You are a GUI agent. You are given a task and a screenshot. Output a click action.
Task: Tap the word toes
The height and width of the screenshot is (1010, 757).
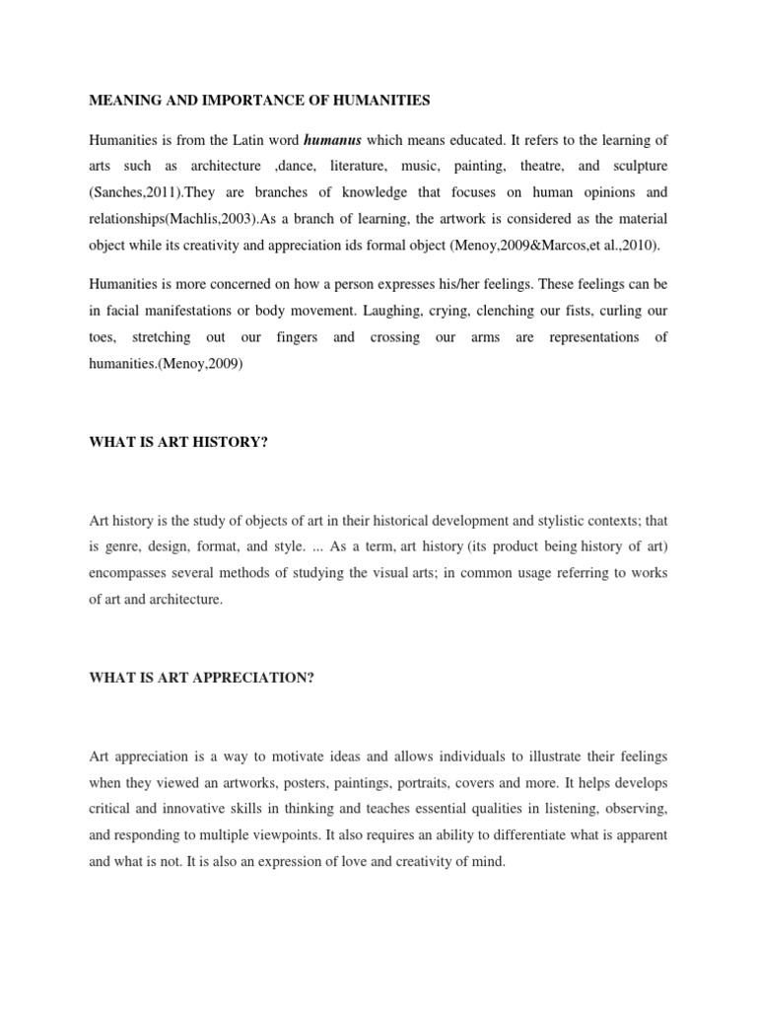pyautogui.click(x=102, y=336)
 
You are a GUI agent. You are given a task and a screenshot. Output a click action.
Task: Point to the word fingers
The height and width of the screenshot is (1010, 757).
pyautogui.click(x=297, y=336)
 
